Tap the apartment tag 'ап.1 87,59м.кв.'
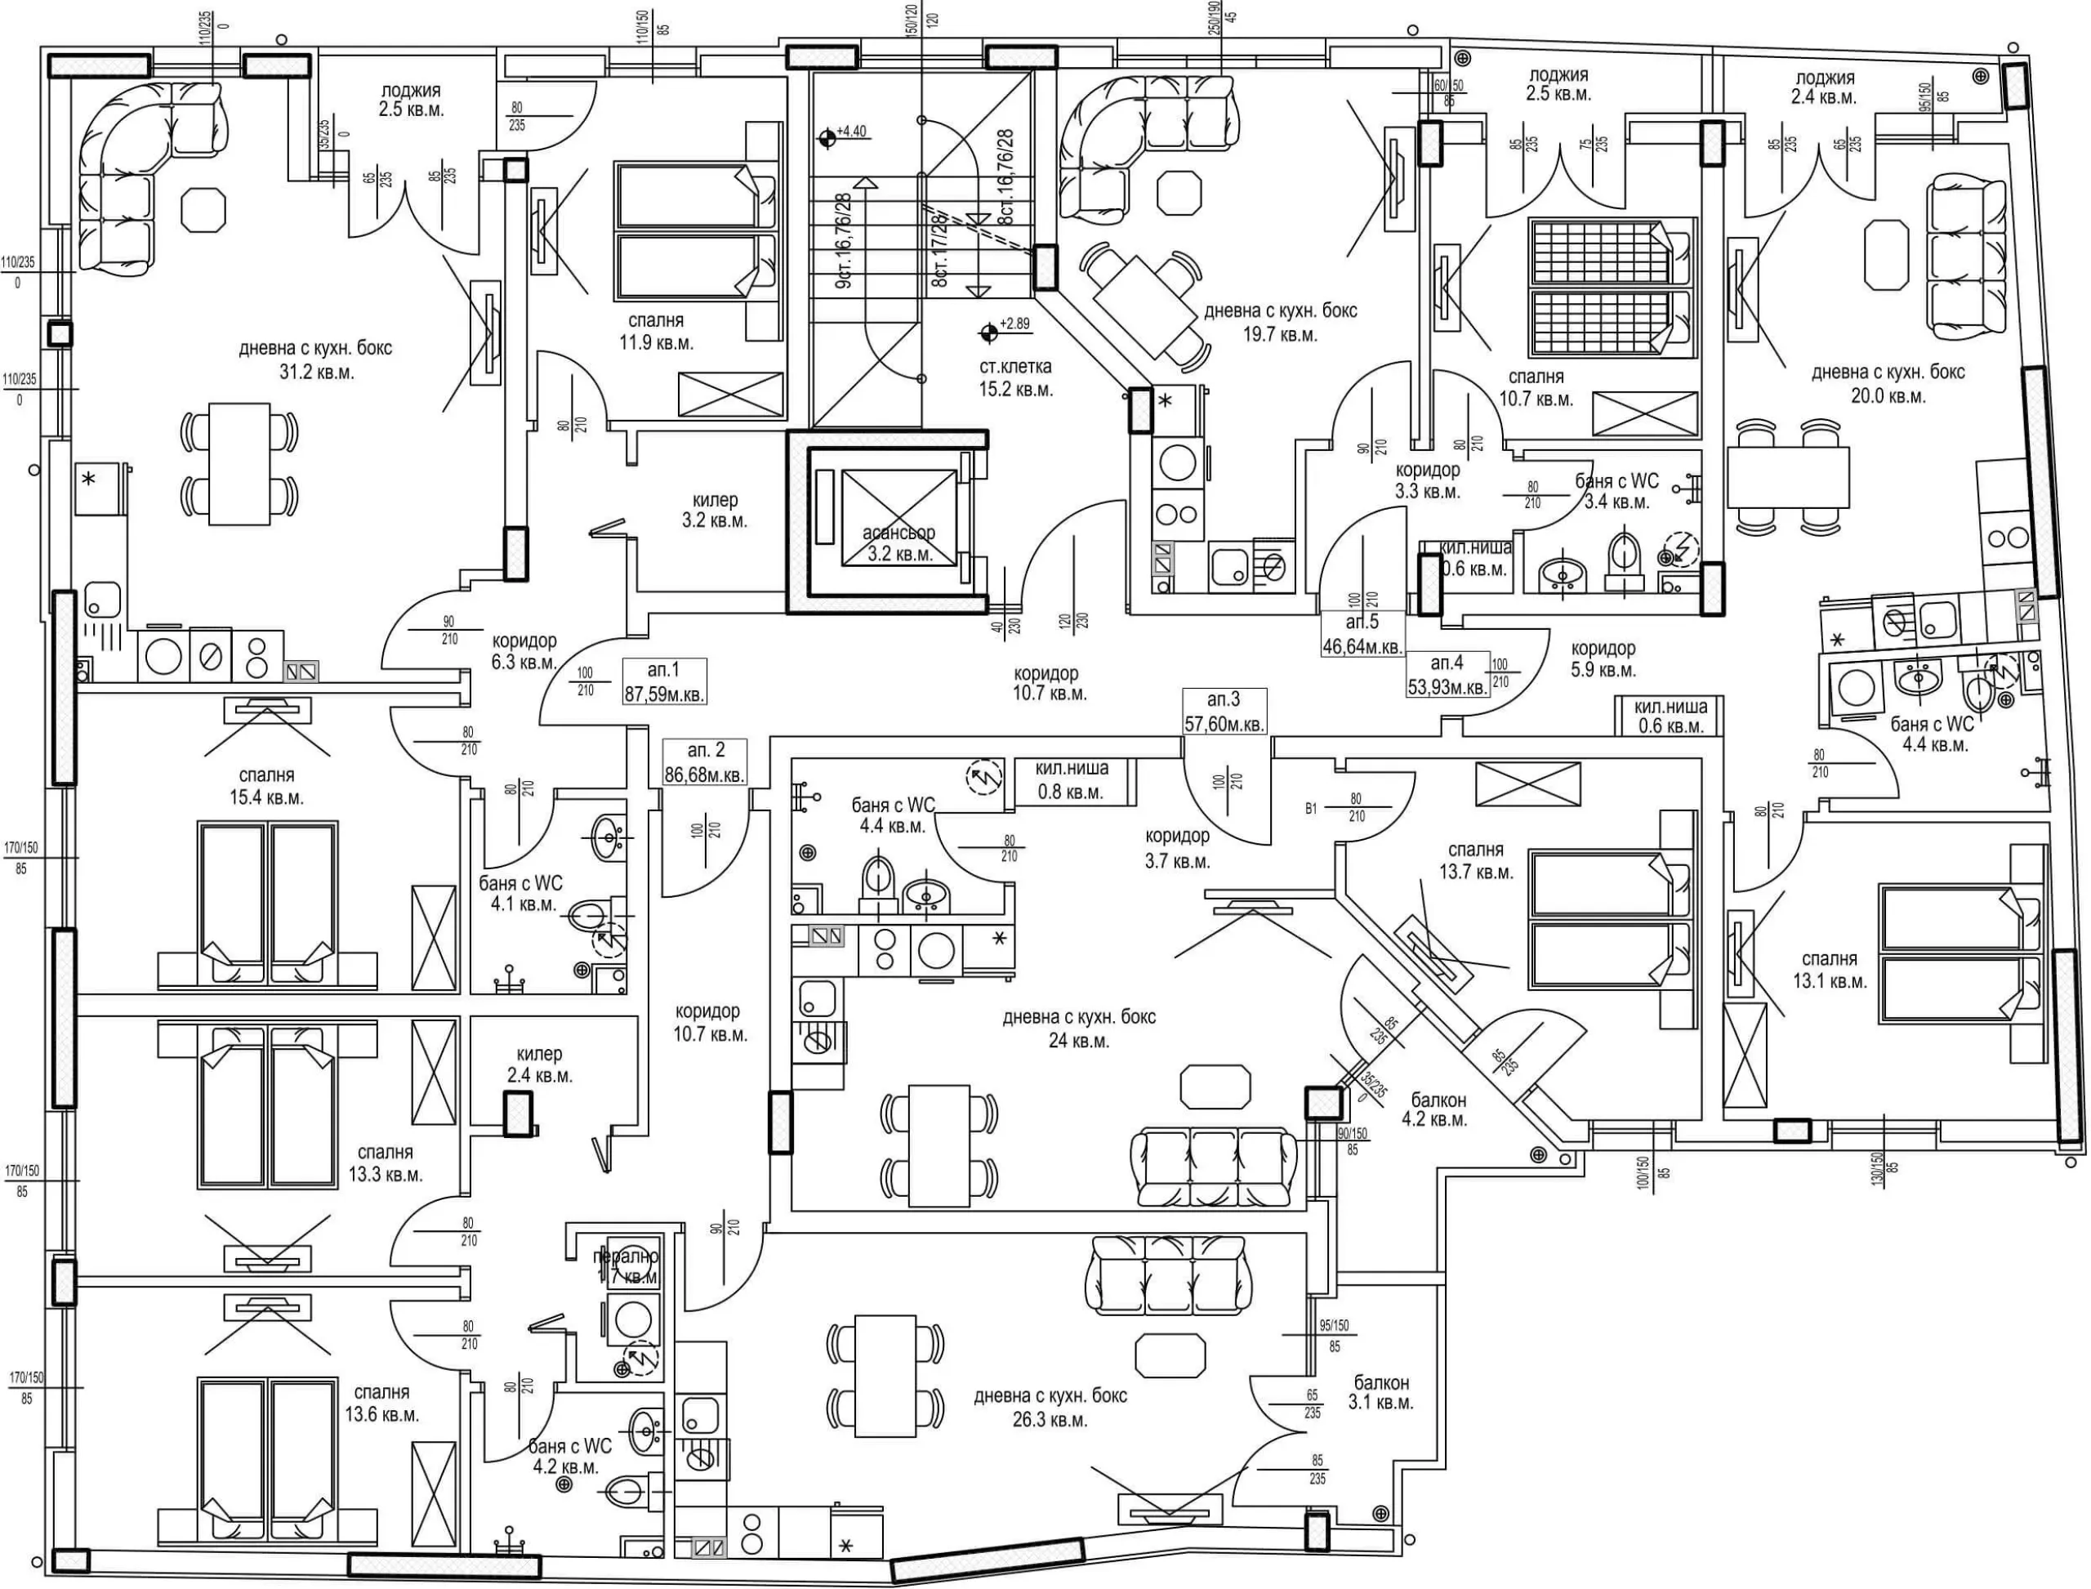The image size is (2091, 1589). point(664,681)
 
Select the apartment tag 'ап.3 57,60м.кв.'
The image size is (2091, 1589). point(1224,712)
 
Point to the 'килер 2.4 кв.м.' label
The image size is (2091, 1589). point(539,1064)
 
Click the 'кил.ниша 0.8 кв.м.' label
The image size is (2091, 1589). point(1071,780)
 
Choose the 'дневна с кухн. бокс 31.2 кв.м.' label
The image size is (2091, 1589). point(315,359)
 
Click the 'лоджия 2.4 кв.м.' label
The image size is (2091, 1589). point(1824,87)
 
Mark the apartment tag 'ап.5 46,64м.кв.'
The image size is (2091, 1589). point(1362,634)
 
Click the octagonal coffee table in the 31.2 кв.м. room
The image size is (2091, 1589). point(204,209)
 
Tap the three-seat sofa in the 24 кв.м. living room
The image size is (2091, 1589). point(1215,1167)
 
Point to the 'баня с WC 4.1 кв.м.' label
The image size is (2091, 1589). point(521,893)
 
